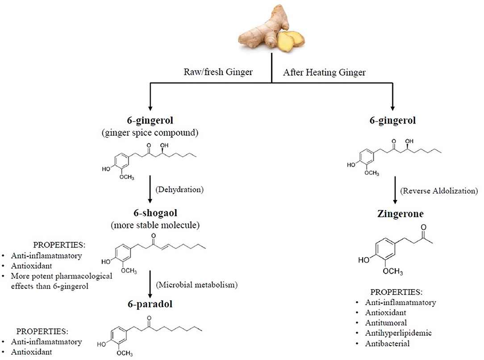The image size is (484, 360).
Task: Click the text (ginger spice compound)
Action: pyautogui.click(x=150, y=133)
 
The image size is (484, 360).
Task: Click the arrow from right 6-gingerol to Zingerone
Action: pyautogui.click(x=393, y=190)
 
